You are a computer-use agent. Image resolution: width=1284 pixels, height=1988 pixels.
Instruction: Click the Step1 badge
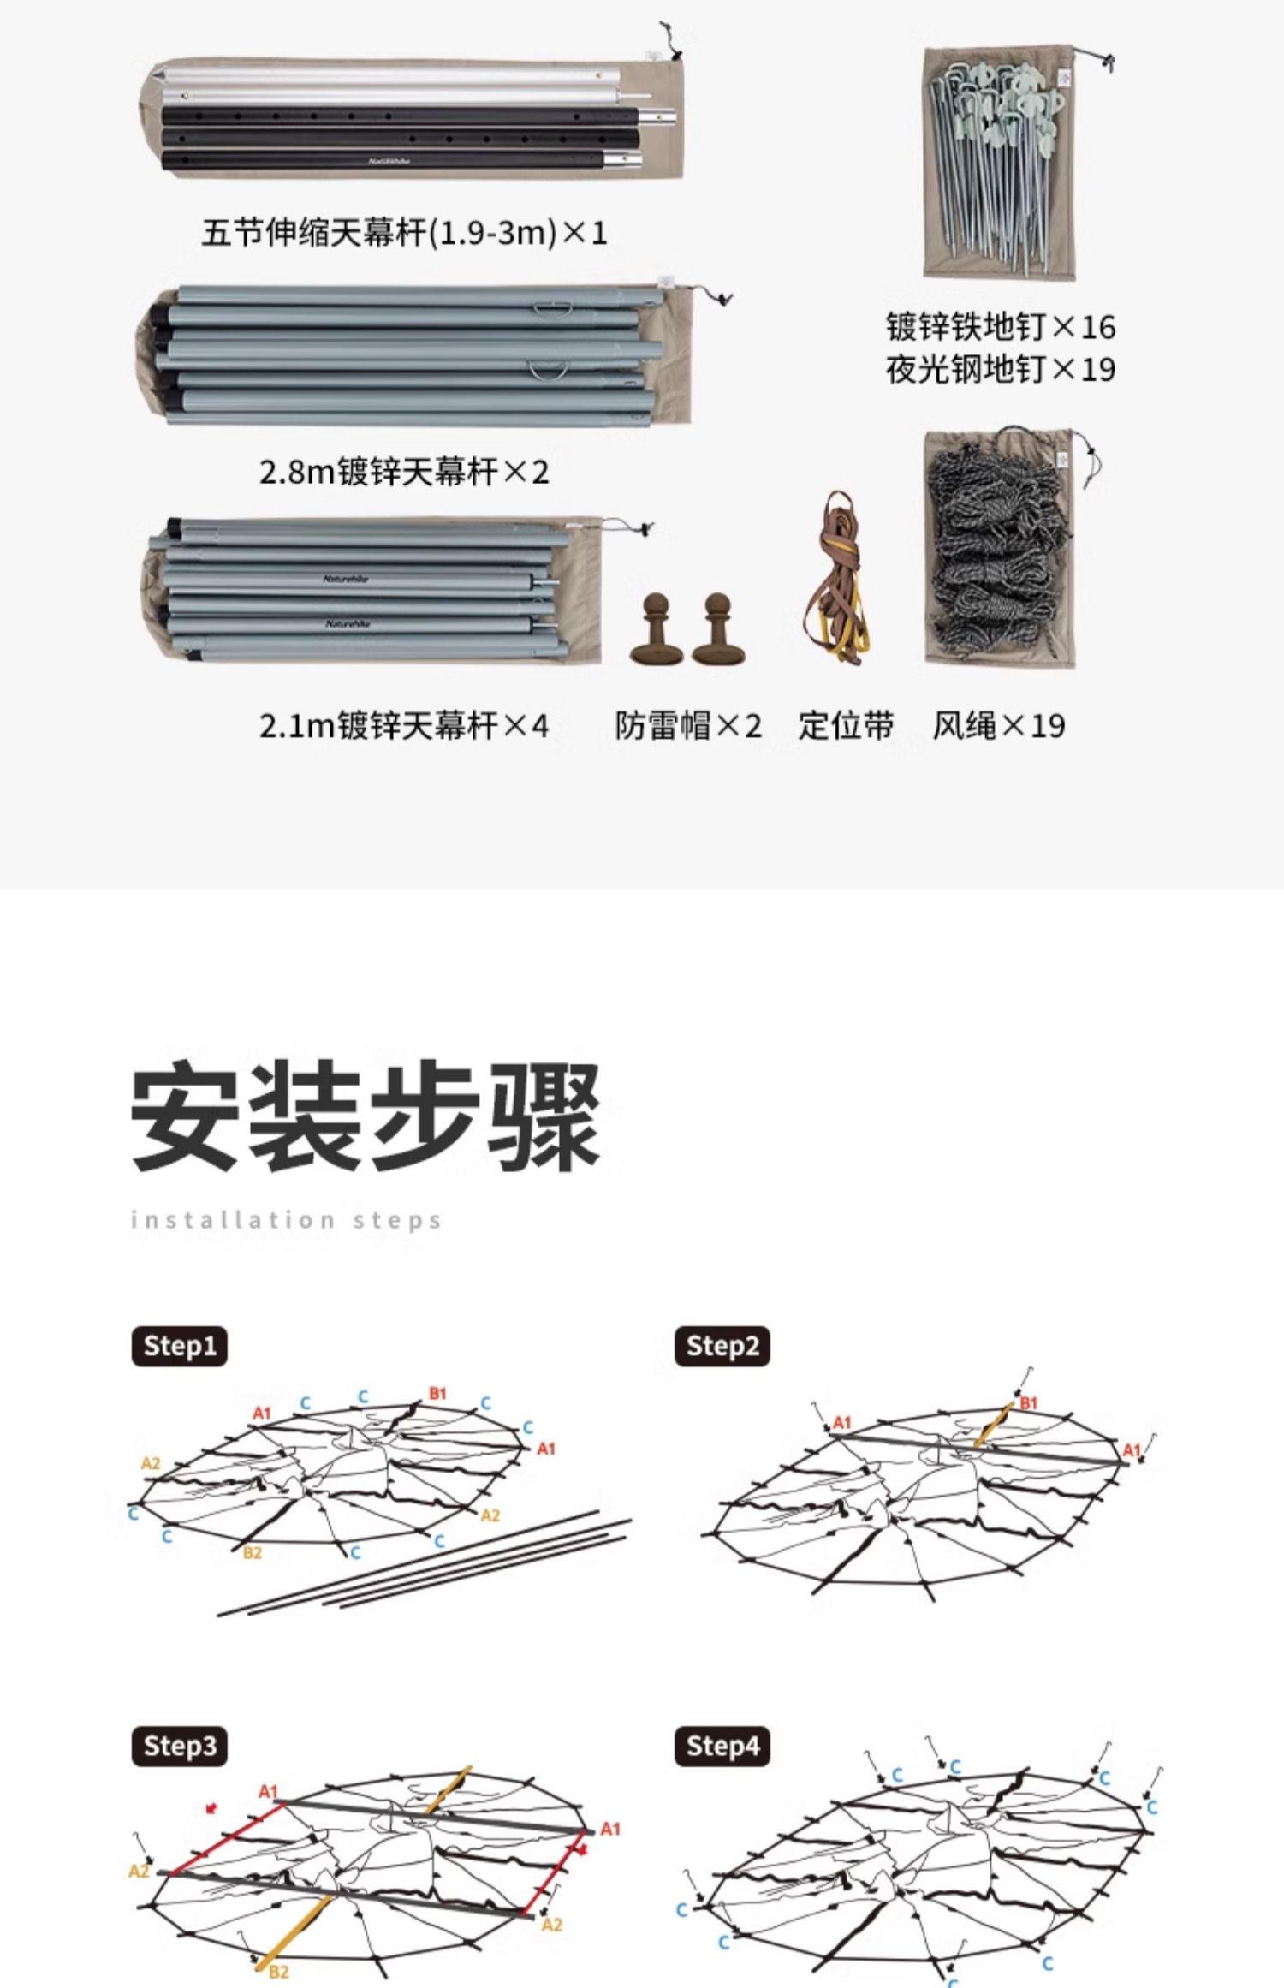pyautogui.click(x=179, y=1345)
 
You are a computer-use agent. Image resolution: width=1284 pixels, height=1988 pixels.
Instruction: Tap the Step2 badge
pyautogui.click(x=722, y=1345)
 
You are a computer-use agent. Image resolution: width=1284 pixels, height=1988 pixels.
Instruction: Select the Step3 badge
pyautogui.click(x=179, y=1746)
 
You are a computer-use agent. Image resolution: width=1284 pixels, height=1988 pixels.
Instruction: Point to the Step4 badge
pyautogui.click(x=722, y=1746)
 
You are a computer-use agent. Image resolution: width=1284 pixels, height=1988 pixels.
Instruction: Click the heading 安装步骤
pyautogui.click(x=366, y=1117)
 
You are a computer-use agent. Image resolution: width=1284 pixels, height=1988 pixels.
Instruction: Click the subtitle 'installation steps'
pyautogui.click(x=286, y=1219)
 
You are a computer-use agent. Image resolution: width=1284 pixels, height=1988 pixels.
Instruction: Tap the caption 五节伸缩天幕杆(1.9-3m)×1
pyautogui.click(x=404, y=232)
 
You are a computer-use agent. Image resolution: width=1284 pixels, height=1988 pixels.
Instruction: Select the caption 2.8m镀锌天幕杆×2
pyautogui.click(x=404, y=471)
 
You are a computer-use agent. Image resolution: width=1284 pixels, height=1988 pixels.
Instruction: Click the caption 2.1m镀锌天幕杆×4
pyautogui.click(x=404, y=725)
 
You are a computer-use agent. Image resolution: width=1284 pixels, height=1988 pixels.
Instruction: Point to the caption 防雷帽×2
pyautogui.click(x=687, y=725)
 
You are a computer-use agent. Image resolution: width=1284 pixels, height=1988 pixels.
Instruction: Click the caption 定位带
pyautogui.click(x=846, y=725)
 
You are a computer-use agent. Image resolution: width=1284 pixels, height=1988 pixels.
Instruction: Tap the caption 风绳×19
pyautogui.click(x=998, y=725)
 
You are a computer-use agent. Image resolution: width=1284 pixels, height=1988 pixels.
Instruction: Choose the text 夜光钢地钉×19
pyautogui.click(x=1000, y=369)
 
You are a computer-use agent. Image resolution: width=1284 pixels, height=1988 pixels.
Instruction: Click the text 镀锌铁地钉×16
pyautogui.click(x=1000, y=326)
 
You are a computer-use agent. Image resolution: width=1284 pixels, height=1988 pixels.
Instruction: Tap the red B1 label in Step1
pyautogui.click(x=437, y=1394)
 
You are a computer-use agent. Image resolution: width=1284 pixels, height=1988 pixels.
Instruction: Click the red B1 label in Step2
pyautogui.click(x=1028, y=1402)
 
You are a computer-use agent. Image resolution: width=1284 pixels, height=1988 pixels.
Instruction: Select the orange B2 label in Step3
pyautogui.click(x=278, y=1973)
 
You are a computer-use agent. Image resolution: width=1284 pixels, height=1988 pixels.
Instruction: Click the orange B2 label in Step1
pyautogui.click(x=252, y=1552)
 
